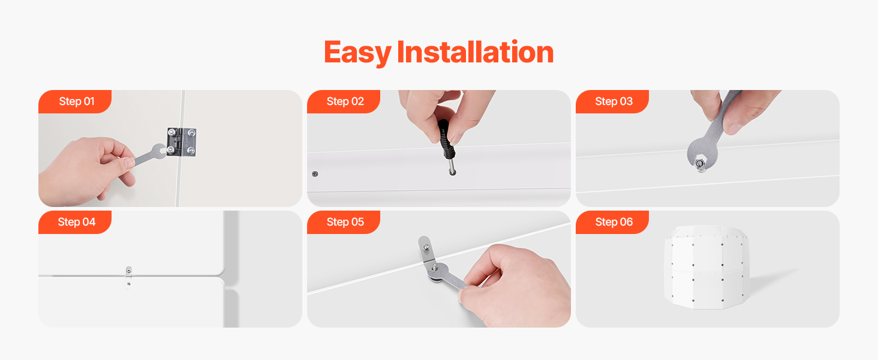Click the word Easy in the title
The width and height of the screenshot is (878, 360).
coord(357,53)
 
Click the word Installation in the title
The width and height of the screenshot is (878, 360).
coord(475,52)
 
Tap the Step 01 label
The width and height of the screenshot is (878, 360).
coord(77,101)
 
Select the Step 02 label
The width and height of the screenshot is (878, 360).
coord(345,101)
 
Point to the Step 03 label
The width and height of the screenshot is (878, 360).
coord(614,101)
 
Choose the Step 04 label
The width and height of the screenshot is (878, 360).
coord(77,222)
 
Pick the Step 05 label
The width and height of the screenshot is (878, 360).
coord(345,222)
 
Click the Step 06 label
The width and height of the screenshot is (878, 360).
coord(614,222)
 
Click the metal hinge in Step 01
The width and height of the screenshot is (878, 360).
coord(182,142)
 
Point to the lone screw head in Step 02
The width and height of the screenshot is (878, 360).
coord(315,174)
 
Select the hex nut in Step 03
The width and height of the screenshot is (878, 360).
coord(700,164)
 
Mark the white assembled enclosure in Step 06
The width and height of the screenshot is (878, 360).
coord(706,267)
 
